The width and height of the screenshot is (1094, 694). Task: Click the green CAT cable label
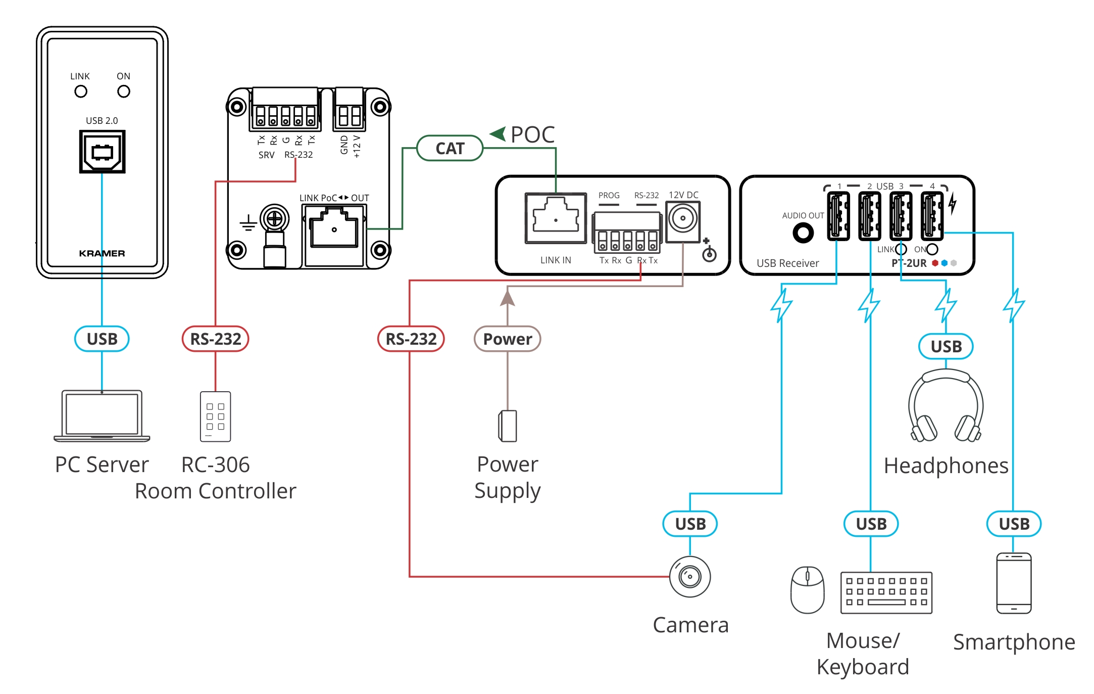450,148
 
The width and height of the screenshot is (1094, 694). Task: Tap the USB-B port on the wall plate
102,152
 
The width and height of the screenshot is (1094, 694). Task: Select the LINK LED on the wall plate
81,91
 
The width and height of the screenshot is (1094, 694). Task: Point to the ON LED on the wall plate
124,91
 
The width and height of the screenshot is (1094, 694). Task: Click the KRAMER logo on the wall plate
102,253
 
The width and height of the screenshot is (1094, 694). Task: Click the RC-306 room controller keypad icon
216,417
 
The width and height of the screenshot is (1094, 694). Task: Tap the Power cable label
507,339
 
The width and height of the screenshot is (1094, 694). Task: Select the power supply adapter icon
508,426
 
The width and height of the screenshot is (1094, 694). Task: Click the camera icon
690,576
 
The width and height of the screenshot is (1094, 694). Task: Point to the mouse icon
807,589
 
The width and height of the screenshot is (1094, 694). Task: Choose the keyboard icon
886,592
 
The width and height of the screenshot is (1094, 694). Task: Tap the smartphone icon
1014,583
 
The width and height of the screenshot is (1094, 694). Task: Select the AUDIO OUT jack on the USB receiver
803,233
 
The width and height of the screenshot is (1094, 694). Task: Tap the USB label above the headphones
946,347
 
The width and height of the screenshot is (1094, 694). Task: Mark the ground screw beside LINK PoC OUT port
274,219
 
